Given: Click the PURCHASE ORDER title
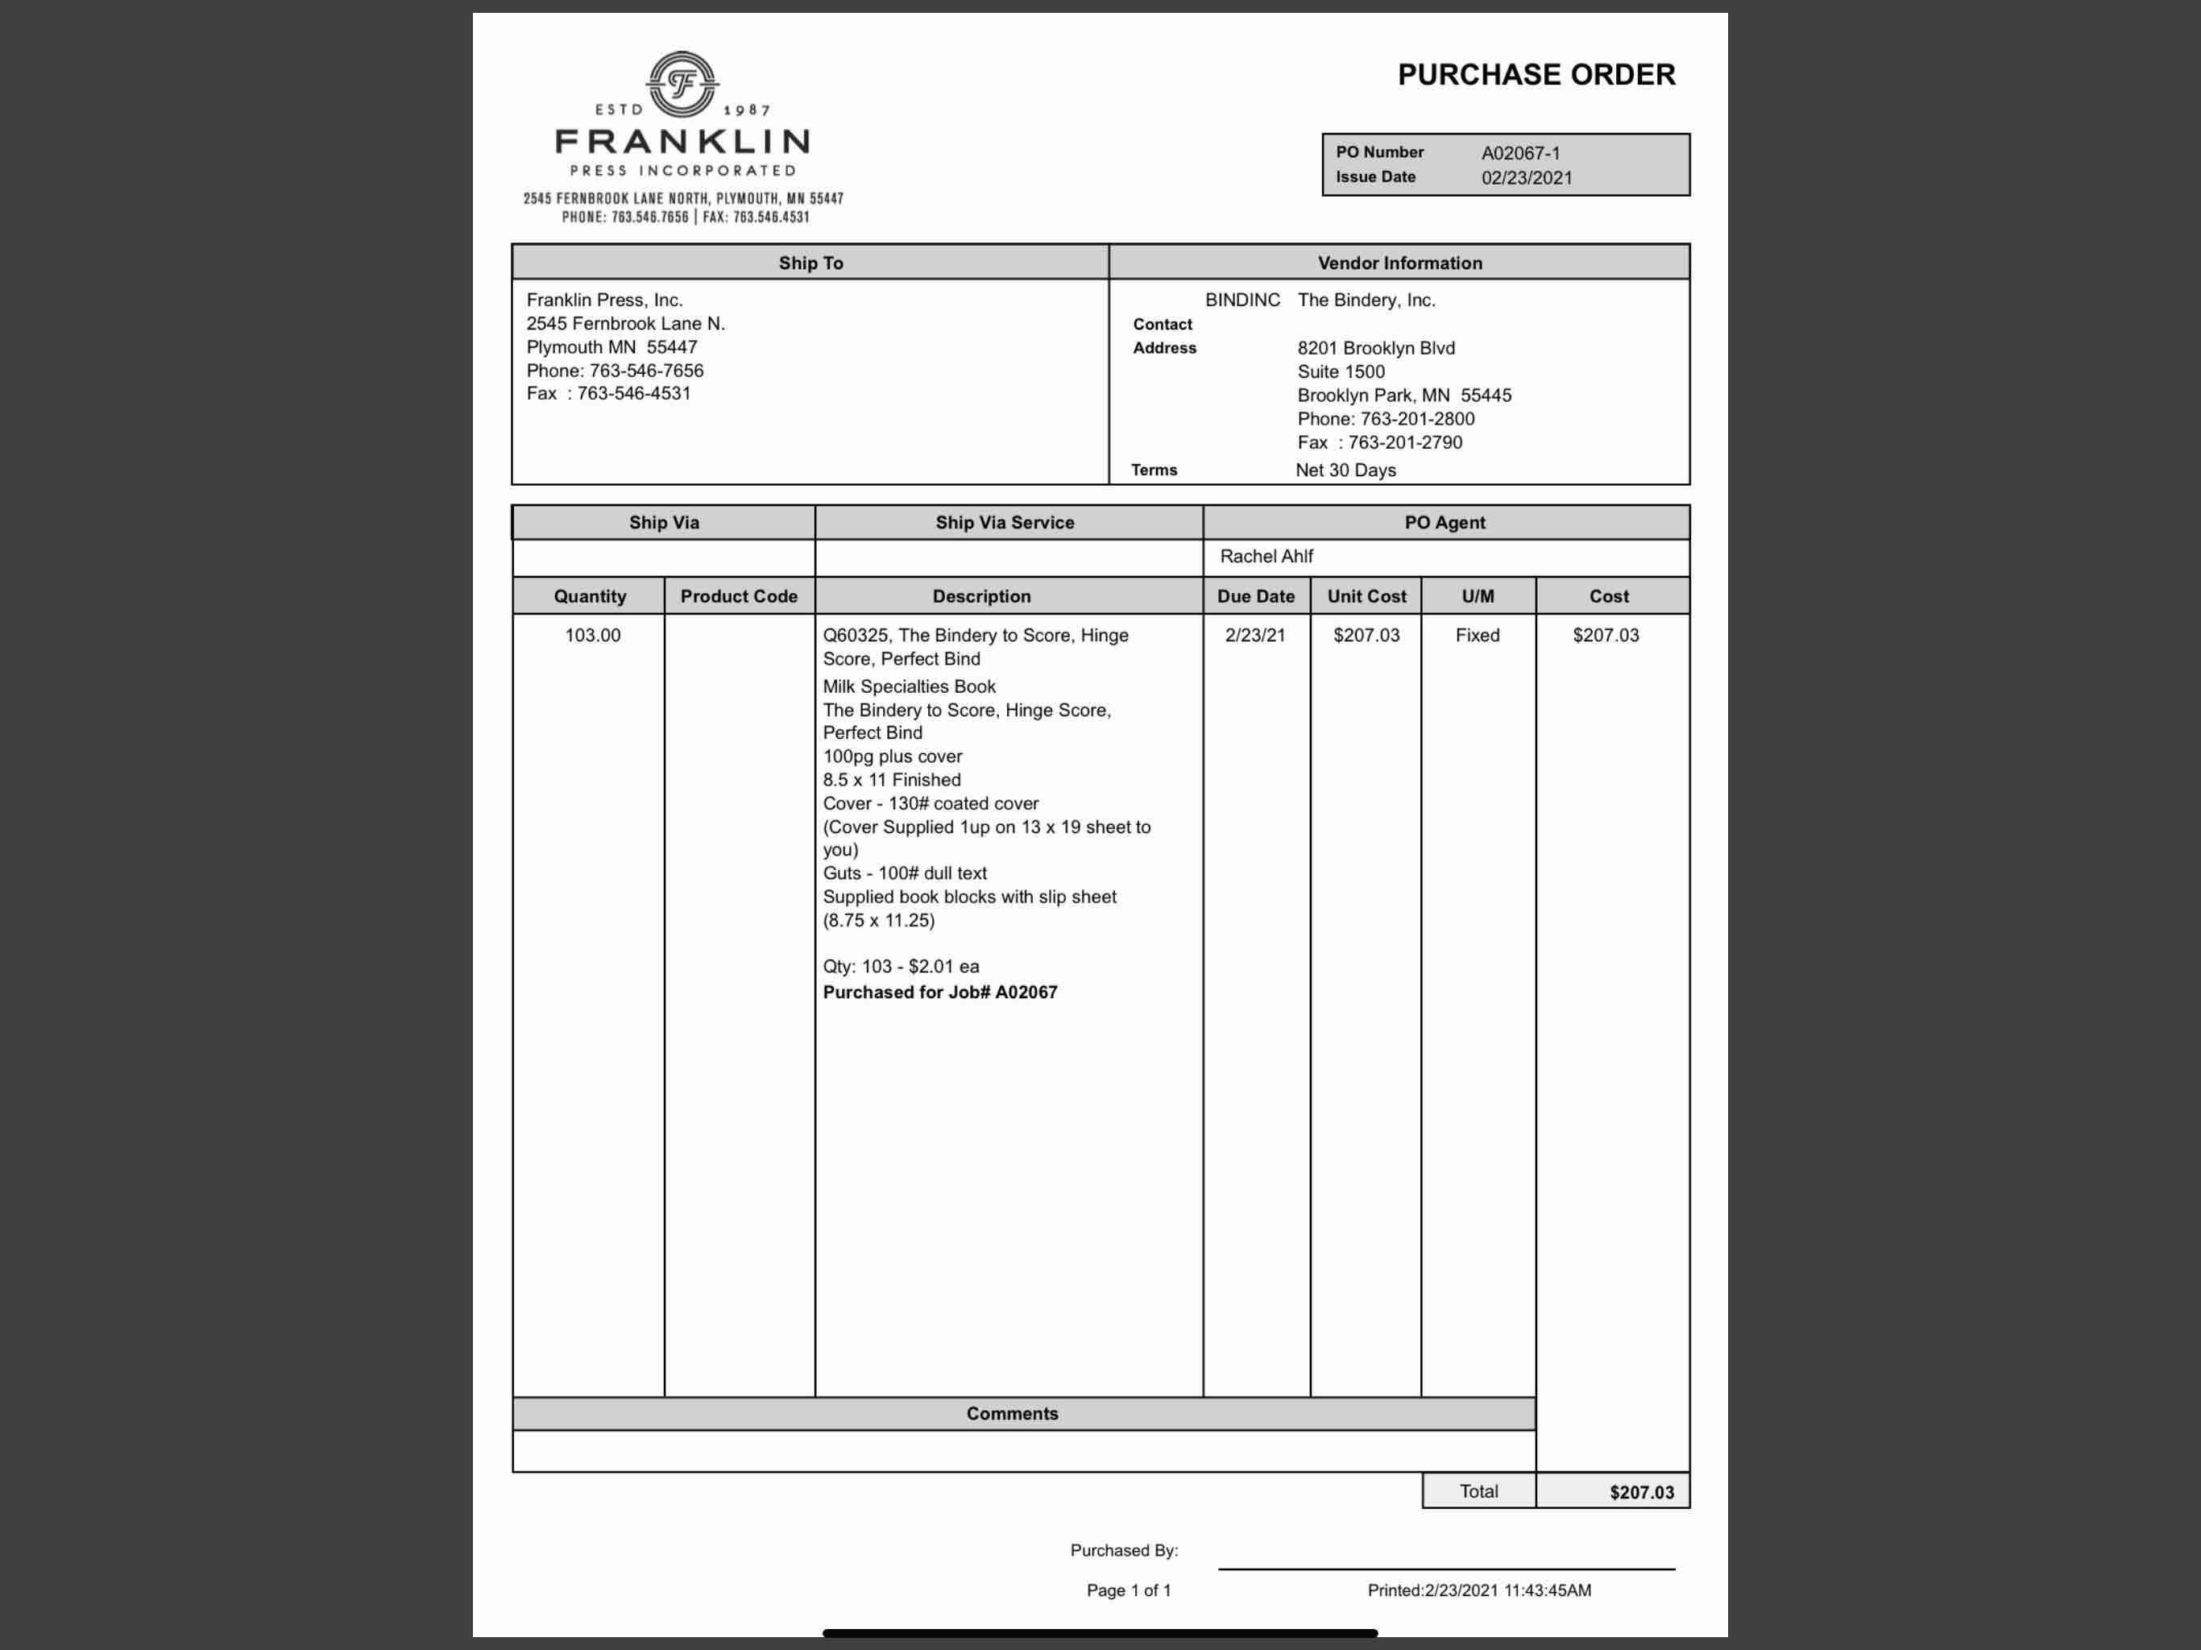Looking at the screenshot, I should (1536, 75).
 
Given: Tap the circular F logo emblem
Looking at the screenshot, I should (682, 84).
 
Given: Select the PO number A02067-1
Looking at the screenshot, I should (1520, 153).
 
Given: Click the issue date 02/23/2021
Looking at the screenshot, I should (1527, 178).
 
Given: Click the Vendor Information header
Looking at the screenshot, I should (1399, 263).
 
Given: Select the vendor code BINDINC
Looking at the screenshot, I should (1241, 300).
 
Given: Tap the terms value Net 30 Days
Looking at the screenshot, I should (1345, 470).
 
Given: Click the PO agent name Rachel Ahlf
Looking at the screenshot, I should (1266, 556).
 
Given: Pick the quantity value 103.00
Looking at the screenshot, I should (592, 635).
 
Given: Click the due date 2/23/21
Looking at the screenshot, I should (1254, 635).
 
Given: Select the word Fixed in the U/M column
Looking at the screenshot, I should (1477, 635).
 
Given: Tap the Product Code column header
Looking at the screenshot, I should (738, 596).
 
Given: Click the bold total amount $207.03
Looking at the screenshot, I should (1641, 1492).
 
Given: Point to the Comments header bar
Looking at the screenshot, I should (1012, 1413).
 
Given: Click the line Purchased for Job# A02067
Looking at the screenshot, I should (939, 993).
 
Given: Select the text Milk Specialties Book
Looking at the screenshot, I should (909, 686).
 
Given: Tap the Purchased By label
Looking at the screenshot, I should (1123, 1549).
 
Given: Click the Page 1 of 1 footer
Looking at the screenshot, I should (1129, 1590).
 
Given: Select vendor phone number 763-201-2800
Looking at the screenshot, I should (1417, 419).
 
